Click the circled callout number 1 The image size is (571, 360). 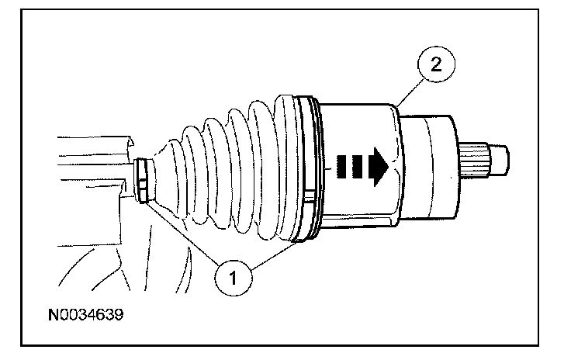(x=233, y=278)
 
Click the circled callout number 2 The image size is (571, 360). (x=436, y=64)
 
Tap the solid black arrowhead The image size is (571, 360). (x=379, y=166)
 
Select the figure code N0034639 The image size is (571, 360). (x=86, y=314)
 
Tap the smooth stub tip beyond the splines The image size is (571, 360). (x=500, y=160)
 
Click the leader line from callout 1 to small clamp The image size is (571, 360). (x=180, y=232)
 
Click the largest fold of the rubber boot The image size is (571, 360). (x=288, y=168)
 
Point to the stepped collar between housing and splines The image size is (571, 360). (x=429, y=167)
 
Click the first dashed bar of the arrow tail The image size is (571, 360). (x=340, y=166)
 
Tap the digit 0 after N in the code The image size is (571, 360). (x=64, y=315)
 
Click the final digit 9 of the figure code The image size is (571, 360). (x=119, y=315)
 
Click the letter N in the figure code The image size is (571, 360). (x=54, y=315)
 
